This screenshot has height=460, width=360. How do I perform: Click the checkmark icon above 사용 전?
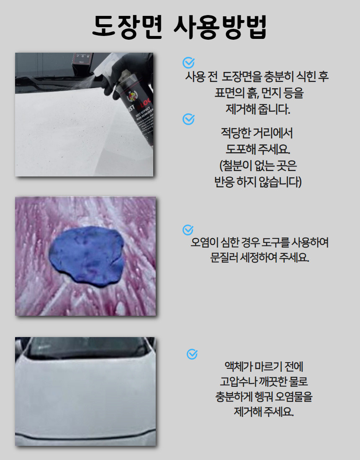click(188, 62)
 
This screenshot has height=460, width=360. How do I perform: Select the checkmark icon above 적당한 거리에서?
click(188, 119)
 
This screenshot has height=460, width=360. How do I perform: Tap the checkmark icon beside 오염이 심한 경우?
click(188, 230)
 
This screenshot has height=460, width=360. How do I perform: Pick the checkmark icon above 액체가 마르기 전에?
click(192, 354)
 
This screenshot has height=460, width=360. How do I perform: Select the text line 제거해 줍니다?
click(258, 109)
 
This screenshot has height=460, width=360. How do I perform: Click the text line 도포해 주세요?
click(258, 149)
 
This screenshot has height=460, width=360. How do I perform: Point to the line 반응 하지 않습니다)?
click(258, 182)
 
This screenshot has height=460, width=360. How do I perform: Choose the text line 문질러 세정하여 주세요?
click(260, 257)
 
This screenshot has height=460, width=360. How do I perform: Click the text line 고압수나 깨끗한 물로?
click(264, 381)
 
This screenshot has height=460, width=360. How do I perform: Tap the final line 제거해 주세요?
click(264, 411)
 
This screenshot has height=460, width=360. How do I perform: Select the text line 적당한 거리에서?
click(257, 133)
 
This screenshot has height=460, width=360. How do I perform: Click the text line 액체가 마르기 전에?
click(264, 366)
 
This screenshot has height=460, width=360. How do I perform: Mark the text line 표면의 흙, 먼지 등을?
click(259, 93)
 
